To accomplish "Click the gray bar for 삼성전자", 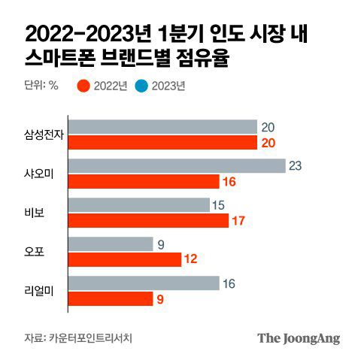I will tap(162, 127).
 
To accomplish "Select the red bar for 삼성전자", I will tap(162, 143).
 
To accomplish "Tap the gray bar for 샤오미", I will tap(176, 166).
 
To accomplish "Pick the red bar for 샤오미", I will tap(143, 182).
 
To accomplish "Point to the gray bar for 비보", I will tap(138, 205).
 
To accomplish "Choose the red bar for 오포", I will tap(124, 260).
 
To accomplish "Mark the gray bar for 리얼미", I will tap(143, 283).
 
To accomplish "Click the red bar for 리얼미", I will tap(110, 299).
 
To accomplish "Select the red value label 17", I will tap(239, 221).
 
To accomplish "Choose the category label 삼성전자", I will tap(41, 135).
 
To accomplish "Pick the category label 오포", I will tap(35, 253).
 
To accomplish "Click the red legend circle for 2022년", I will tap(83, 86).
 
